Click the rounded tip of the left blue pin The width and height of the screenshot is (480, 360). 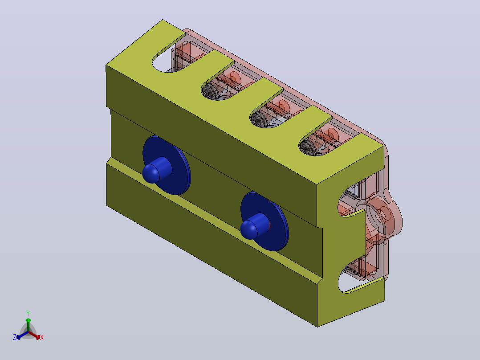coord(151,174)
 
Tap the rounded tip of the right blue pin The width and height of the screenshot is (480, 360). coord(248,230)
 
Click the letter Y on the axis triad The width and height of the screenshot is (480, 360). coord(28,313)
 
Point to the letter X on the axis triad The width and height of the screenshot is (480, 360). coord(42,337)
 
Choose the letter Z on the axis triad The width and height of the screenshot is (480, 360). coord(15,337)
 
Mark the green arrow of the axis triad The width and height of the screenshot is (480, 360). coord(28,325)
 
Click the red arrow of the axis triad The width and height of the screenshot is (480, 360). coord(34,335)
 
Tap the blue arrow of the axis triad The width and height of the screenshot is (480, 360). coord(22,335)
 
